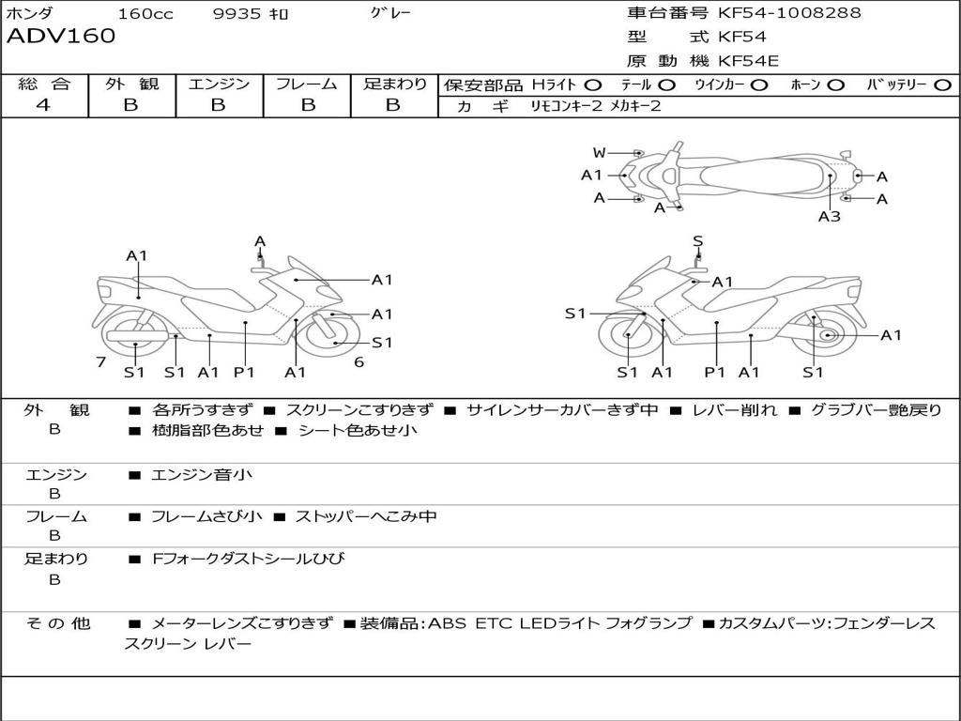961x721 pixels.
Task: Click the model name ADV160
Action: pos(61,36)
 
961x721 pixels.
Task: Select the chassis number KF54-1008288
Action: pos(789,12)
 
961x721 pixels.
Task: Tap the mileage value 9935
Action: pos(237,13)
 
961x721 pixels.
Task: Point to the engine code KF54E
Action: pos(748,61)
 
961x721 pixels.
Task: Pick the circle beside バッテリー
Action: pos(942,85)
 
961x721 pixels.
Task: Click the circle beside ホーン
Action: pos(835,85)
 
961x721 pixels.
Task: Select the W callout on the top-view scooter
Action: pos(599,153)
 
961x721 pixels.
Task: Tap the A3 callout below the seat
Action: pos(830,216)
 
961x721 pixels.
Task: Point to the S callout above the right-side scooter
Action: pos(698,241)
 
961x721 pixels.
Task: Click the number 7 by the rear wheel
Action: pos(101,361)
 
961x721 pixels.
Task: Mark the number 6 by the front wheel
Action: pos(359,361)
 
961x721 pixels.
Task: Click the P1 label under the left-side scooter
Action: pos(244,372)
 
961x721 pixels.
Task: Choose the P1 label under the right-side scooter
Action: pos(714,372)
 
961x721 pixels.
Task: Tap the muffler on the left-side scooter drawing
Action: pos(137,336)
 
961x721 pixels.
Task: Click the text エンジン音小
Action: pos(202,474)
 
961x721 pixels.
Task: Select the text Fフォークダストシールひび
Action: pos(248,559)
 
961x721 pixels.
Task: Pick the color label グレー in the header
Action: pos(390,13)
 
